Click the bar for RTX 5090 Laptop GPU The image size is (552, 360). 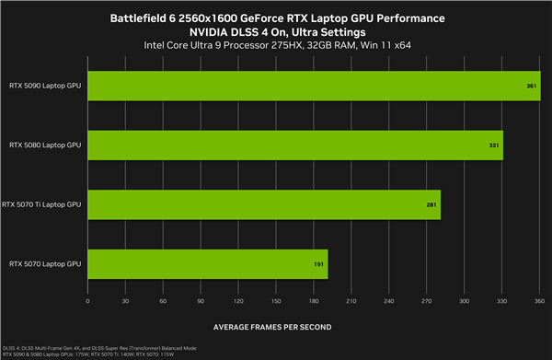tap(302, 85)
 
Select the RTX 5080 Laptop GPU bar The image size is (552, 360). tap(294, 145)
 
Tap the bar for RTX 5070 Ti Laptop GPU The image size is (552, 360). tap(263, 204)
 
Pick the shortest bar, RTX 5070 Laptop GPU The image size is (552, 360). tap(207, 264)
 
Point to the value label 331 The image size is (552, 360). tap(493, 145)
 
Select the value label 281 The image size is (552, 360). tap(431, 204)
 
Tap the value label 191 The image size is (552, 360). tap(317, 264)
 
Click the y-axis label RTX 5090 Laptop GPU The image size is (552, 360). tap(45, 85)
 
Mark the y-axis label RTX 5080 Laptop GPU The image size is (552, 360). tap(45, 145)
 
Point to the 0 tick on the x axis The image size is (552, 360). tap(87, 300)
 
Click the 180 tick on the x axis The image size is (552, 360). tap(314, 300)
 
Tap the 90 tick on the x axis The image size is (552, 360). tap(201, 300)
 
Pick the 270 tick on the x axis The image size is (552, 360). tap(427, 300)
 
